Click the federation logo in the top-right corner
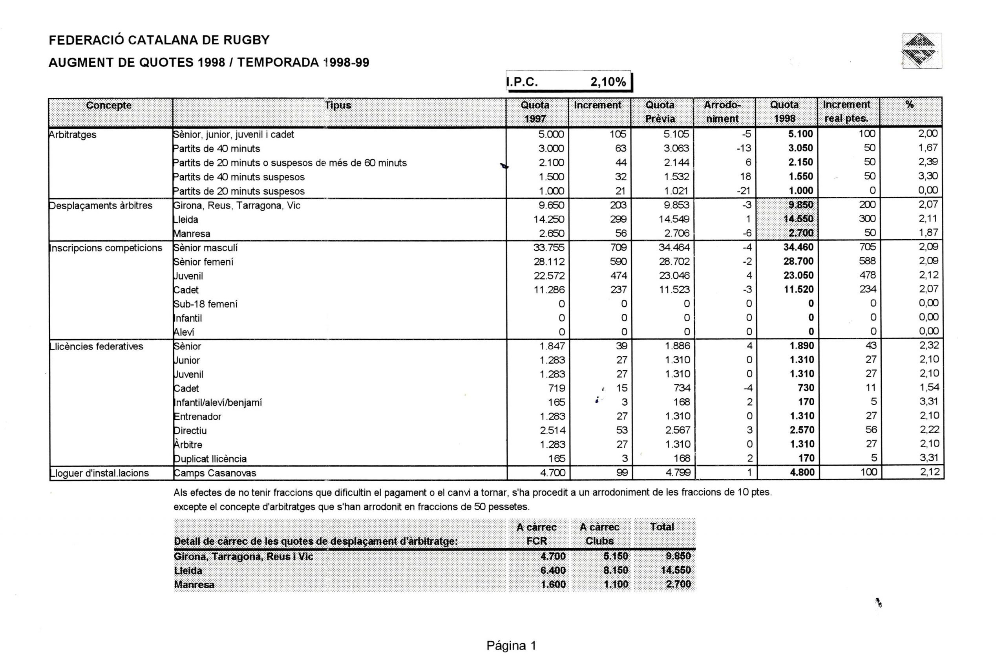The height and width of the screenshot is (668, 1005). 921,51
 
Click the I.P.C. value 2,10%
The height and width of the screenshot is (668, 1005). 608,82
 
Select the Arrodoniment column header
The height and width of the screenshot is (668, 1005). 723,112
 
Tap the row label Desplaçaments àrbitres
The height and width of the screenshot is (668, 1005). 101,206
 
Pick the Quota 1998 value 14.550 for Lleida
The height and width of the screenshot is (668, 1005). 798,219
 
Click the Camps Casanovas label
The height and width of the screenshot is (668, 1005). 215,473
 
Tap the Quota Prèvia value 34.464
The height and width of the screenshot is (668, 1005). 674,247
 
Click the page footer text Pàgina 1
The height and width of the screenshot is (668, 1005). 511,646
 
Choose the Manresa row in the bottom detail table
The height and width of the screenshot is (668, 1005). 194,585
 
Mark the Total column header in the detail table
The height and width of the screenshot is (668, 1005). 662,527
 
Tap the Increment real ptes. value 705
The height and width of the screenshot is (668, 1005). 867,247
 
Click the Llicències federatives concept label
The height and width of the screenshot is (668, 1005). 97,346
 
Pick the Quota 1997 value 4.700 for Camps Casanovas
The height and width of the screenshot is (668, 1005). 553,473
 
